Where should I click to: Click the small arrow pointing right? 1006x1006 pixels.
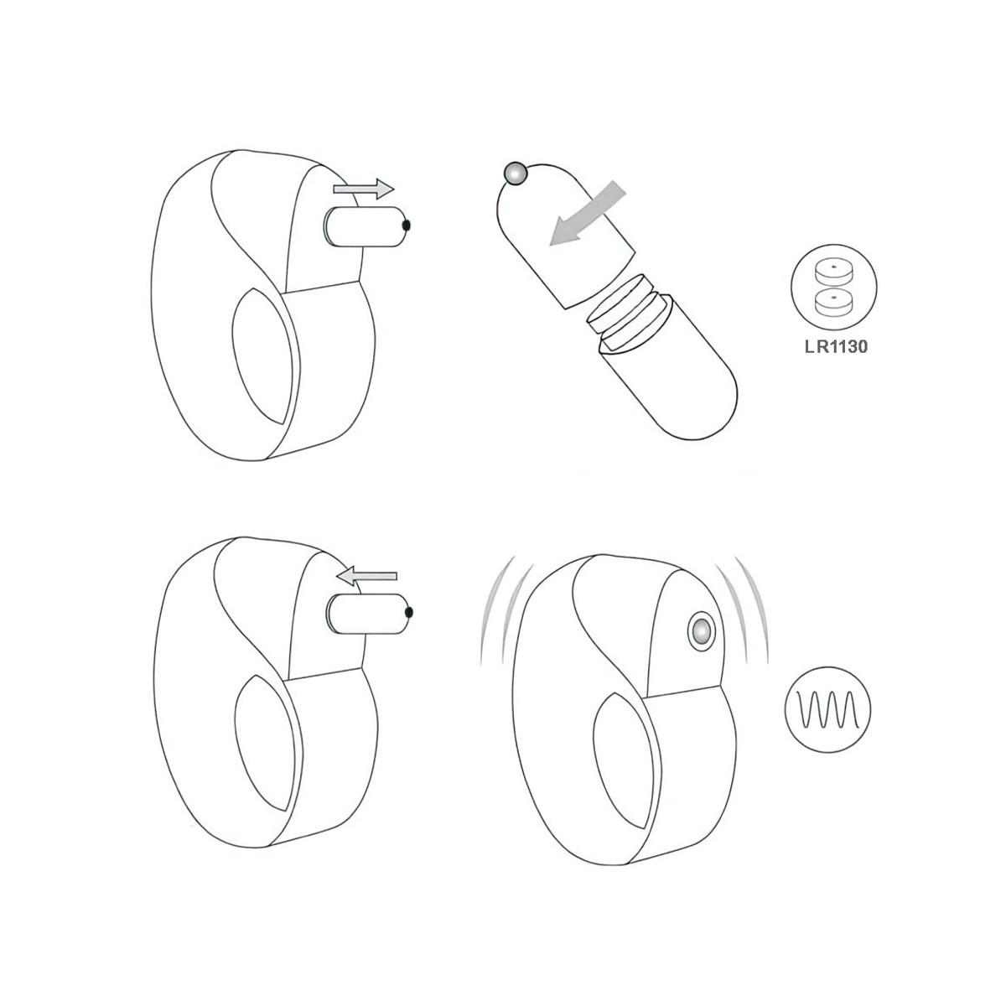coord(363,189)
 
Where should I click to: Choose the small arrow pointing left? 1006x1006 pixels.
coord(366,575)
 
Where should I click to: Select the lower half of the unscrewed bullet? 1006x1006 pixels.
coord(671,386)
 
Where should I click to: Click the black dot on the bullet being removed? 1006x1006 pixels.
coord(407,226)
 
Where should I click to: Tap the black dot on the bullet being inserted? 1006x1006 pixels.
coord(409,613)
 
